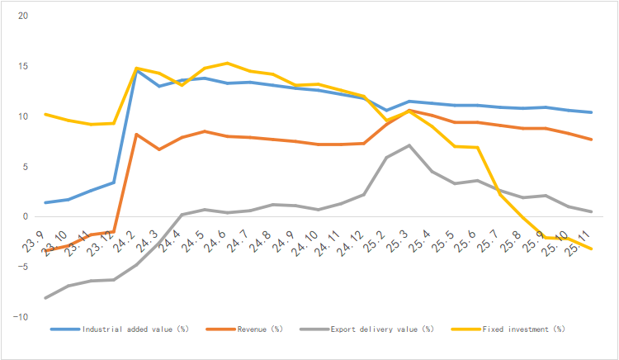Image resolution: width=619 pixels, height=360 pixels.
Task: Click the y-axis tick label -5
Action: point(22,267)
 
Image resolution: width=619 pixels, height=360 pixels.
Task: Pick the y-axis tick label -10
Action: point(21,317)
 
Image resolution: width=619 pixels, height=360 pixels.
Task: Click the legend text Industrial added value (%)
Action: point(135,329)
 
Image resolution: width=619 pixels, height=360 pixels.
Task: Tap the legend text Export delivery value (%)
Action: point(381,329)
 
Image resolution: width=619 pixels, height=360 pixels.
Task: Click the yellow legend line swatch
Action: point(468,329)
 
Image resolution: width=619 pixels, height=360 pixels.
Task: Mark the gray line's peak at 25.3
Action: point(409,145)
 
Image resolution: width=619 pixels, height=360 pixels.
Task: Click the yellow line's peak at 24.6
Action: point(228,63)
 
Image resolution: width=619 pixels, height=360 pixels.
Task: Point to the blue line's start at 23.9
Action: point(45,202)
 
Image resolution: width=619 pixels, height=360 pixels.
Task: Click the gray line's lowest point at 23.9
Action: point(45,297)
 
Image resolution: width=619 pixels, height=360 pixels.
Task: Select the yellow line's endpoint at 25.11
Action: point(591,249)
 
